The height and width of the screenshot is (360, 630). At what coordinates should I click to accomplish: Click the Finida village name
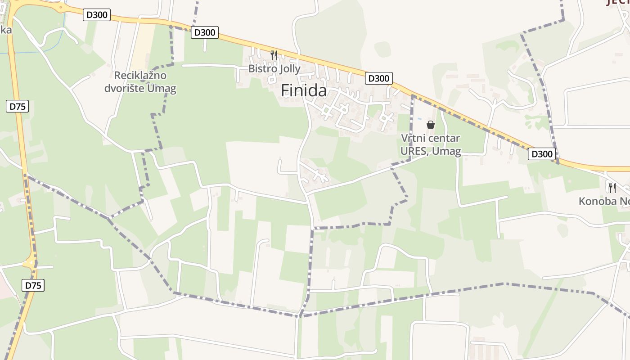click(x=304, y=90)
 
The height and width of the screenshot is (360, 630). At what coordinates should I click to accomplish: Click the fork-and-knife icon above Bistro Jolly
click(x=274, y=55)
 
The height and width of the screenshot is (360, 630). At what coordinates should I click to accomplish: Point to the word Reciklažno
click(x=140, y=75)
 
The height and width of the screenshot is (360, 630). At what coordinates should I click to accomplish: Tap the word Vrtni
click(x=412, y=138)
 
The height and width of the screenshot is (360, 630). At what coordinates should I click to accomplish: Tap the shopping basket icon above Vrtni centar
click(x=431, y=125)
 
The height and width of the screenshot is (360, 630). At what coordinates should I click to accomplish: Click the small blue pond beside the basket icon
click(x=419, y=119)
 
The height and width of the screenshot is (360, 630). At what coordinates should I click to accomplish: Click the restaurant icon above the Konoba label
click(x=612, y=188)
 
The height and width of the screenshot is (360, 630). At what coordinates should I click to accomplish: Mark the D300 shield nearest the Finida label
click(x=378, y=78)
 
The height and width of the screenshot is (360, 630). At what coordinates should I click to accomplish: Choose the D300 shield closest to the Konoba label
click(x=542, y=154)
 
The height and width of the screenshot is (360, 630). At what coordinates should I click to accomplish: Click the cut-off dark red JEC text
click(x=618, y=2)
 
